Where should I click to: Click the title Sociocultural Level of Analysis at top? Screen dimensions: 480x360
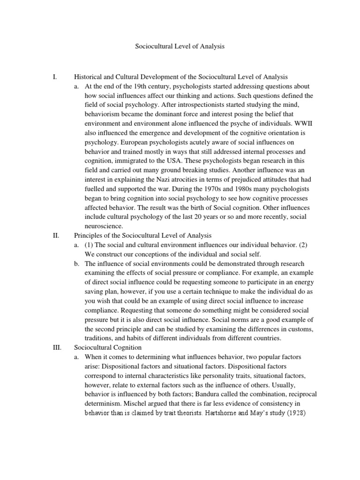(x=180, y=47)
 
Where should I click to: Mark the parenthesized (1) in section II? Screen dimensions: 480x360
(x=90, y=245)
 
